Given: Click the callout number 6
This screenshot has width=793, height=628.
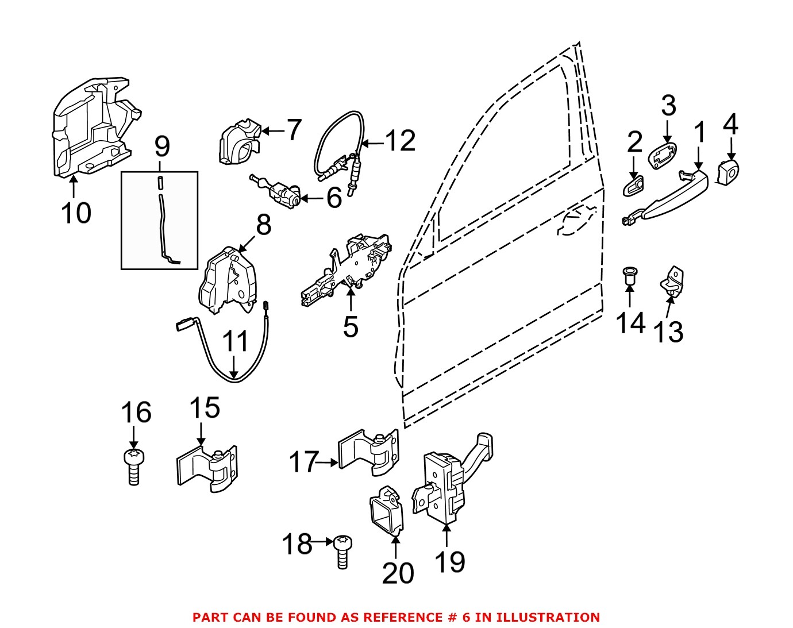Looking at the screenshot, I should [334, 198].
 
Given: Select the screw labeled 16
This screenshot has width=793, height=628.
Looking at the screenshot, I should [134, 465].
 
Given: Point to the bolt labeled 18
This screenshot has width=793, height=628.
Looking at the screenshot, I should [342, 550].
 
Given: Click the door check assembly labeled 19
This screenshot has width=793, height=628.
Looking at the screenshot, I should [442, 488].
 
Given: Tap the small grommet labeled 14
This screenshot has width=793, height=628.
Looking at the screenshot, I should [631, 275].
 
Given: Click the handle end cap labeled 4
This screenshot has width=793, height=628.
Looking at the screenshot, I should [728, 172].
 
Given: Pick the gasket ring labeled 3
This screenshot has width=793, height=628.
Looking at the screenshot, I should [663, 156].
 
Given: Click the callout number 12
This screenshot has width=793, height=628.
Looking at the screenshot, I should [400, 141].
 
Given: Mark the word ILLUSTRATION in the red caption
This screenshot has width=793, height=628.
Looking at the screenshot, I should [548, 618].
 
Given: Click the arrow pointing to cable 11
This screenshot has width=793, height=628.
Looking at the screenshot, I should [234, 366].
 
